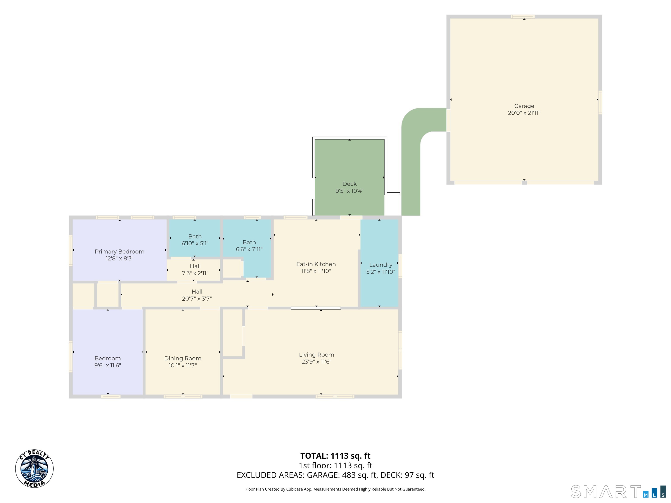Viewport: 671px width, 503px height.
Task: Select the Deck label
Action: pos(349,184)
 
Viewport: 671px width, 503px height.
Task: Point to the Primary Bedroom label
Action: pos(119,252)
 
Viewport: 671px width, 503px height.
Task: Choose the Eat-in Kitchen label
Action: pos(316,264)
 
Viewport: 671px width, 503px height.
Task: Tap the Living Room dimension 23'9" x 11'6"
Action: pos(316,362)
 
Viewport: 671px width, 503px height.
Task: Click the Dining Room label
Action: pos(183,358)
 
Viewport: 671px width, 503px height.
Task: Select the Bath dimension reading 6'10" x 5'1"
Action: pos(195,243)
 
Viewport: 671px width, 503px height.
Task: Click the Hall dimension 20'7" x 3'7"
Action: pos(197,299)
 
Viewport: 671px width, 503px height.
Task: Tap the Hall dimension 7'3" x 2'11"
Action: pos(195,273)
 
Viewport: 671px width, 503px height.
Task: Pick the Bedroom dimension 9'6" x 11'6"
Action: pos(107,365)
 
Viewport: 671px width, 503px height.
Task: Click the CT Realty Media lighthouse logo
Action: pos(34,469)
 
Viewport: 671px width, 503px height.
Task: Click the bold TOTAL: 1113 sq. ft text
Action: pos(335,456)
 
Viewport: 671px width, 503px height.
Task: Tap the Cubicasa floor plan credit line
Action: pos(335,489)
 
